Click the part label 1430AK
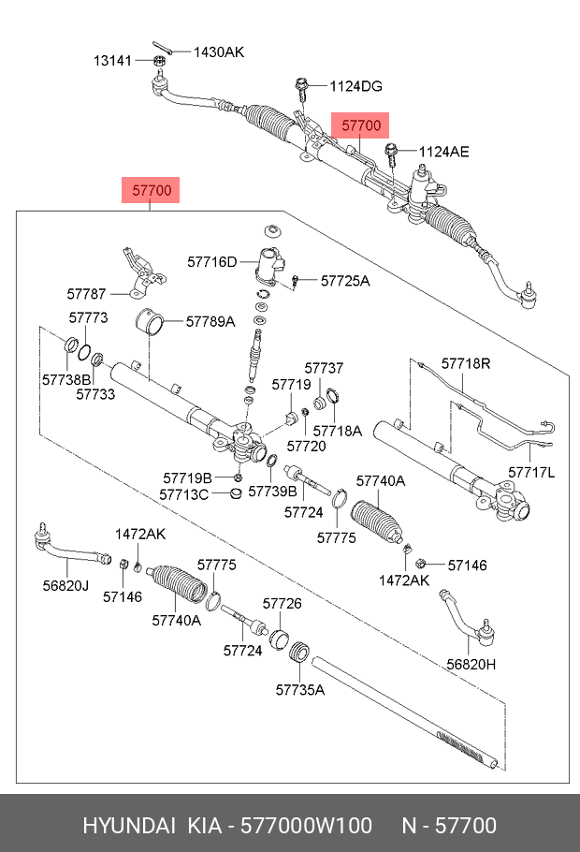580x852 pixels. point(219,52)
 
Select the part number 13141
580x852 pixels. point(113,60)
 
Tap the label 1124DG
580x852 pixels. point(356,86)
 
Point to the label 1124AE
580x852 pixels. point(443,152)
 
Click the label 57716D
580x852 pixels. point(212,262)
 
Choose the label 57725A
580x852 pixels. point(345,280)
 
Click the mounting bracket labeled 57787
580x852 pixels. point(143,272)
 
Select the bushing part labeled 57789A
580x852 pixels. point(149,321)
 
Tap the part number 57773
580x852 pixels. point(89,317)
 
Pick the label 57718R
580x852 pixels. point(466,363)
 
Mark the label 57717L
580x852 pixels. point(531,472)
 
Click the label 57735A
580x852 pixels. point(300,689)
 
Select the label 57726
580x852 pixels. point(283,603)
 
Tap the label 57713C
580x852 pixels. point(184,494)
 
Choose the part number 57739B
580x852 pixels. point(272,491)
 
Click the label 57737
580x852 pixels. point(325,368)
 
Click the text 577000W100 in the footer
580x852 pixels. point(306,826)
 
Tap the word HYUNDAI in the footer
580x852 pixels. point(129,826)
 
